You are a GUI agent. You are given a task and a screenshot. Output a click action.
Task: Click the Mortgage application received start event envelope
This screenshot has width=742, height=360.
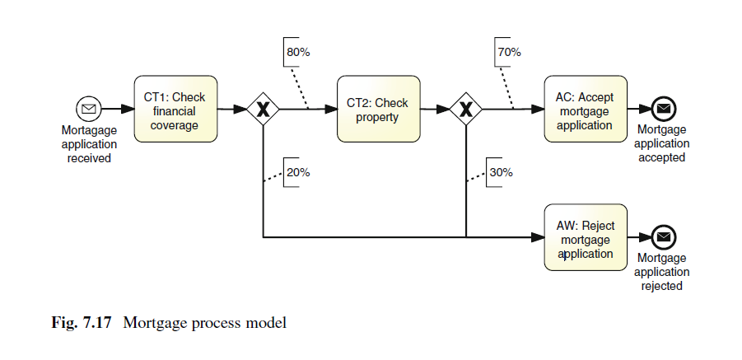[88, 109]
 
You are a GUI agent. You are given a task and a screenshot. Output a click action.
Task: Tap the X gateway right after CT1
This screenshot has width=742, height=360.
[263, 109]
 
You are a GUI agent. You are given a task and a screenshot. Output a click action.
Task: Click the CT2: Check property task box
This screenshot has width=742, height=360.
[378, 109]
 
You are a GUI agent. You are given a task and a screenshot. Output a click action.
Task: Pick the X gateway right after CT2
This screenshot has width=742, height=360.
[466, 109]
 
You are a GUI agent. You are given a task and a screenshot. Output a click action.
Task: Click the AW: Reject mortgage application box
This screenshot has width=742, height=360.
[585, 237]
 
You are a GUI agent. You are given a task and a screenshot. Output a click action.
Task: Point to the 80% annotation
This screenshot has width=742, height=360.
[297, 52]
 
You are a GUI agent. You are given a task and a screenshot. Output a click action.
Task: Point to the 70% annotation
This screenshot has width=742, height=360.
[508, 52]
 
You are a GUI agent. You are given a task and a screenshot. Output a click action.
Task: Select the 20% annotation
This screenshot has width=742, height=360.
[297, 172]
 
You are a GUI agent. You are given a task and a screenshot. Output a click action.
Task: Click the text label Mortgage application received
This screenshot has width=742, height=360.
[89, 144]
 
